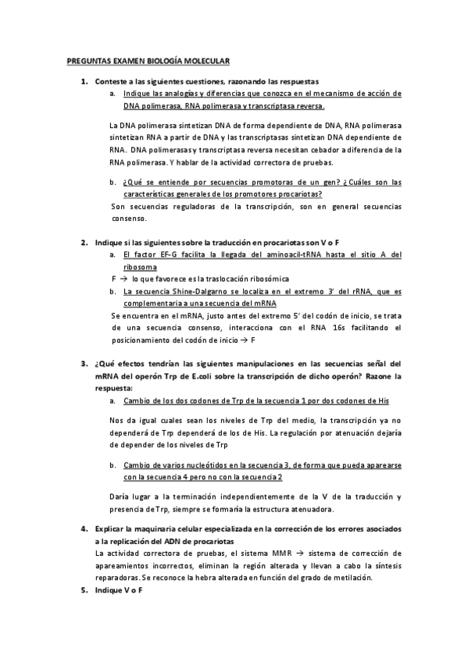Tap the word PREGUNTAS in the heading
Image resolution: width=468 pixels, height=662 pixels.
pyautogui.click(x=88, y=60)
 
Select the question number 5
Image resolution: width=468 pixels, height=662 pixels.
pyautogui.click(x=84, y=589)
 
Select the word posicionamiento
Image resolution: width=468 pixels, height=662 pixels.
pyautogui.click(x=145, y=340)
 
